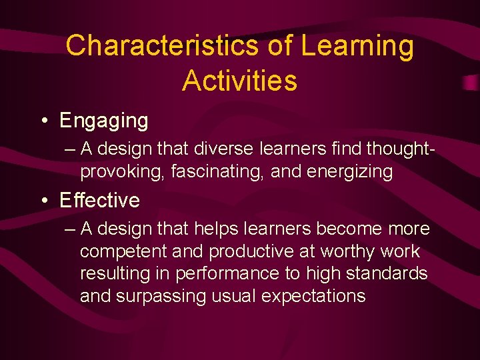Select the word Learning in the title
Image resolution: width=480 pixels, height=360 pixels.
coord(357,46)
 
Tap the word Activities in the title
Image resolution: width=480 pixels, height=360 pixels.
coord(239,81)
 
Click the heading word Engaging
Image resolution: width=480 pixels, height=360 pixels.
coord(104,121)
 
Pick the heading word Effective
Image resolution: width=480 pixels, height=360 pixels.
coord(99,200)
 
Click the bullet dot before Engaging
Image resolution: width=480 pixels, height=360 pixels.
coord(43,121)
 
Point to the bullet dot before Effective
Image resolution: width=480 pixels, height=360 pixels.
coord(43,200)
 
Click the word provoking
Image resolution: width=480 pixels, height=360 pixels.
coord(123,172)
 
